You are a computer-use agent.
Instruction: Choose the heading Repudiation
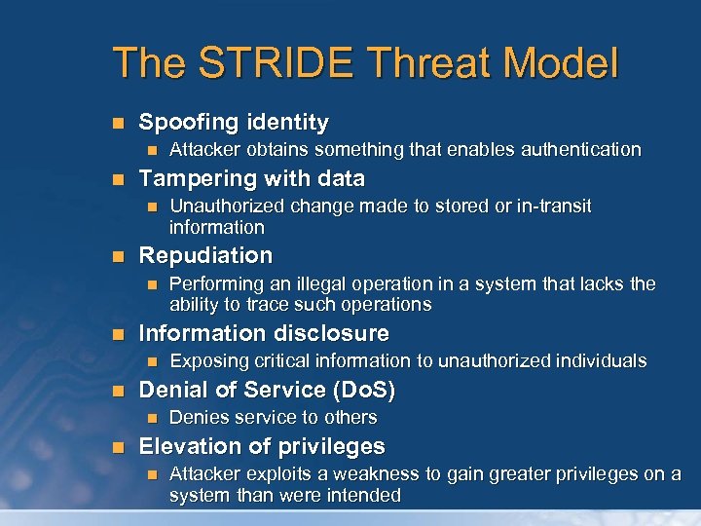(x=205, y=256)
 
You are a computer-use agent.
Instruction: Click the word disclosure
(x=329, y=333)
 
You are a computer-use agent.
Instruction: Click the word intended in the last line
(x=365, y=495)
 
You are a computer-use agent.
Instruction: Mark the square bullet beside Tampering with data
(x=119, y=180)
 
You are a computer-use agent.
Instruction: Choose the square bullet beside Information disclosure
(x=119, y=334)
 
